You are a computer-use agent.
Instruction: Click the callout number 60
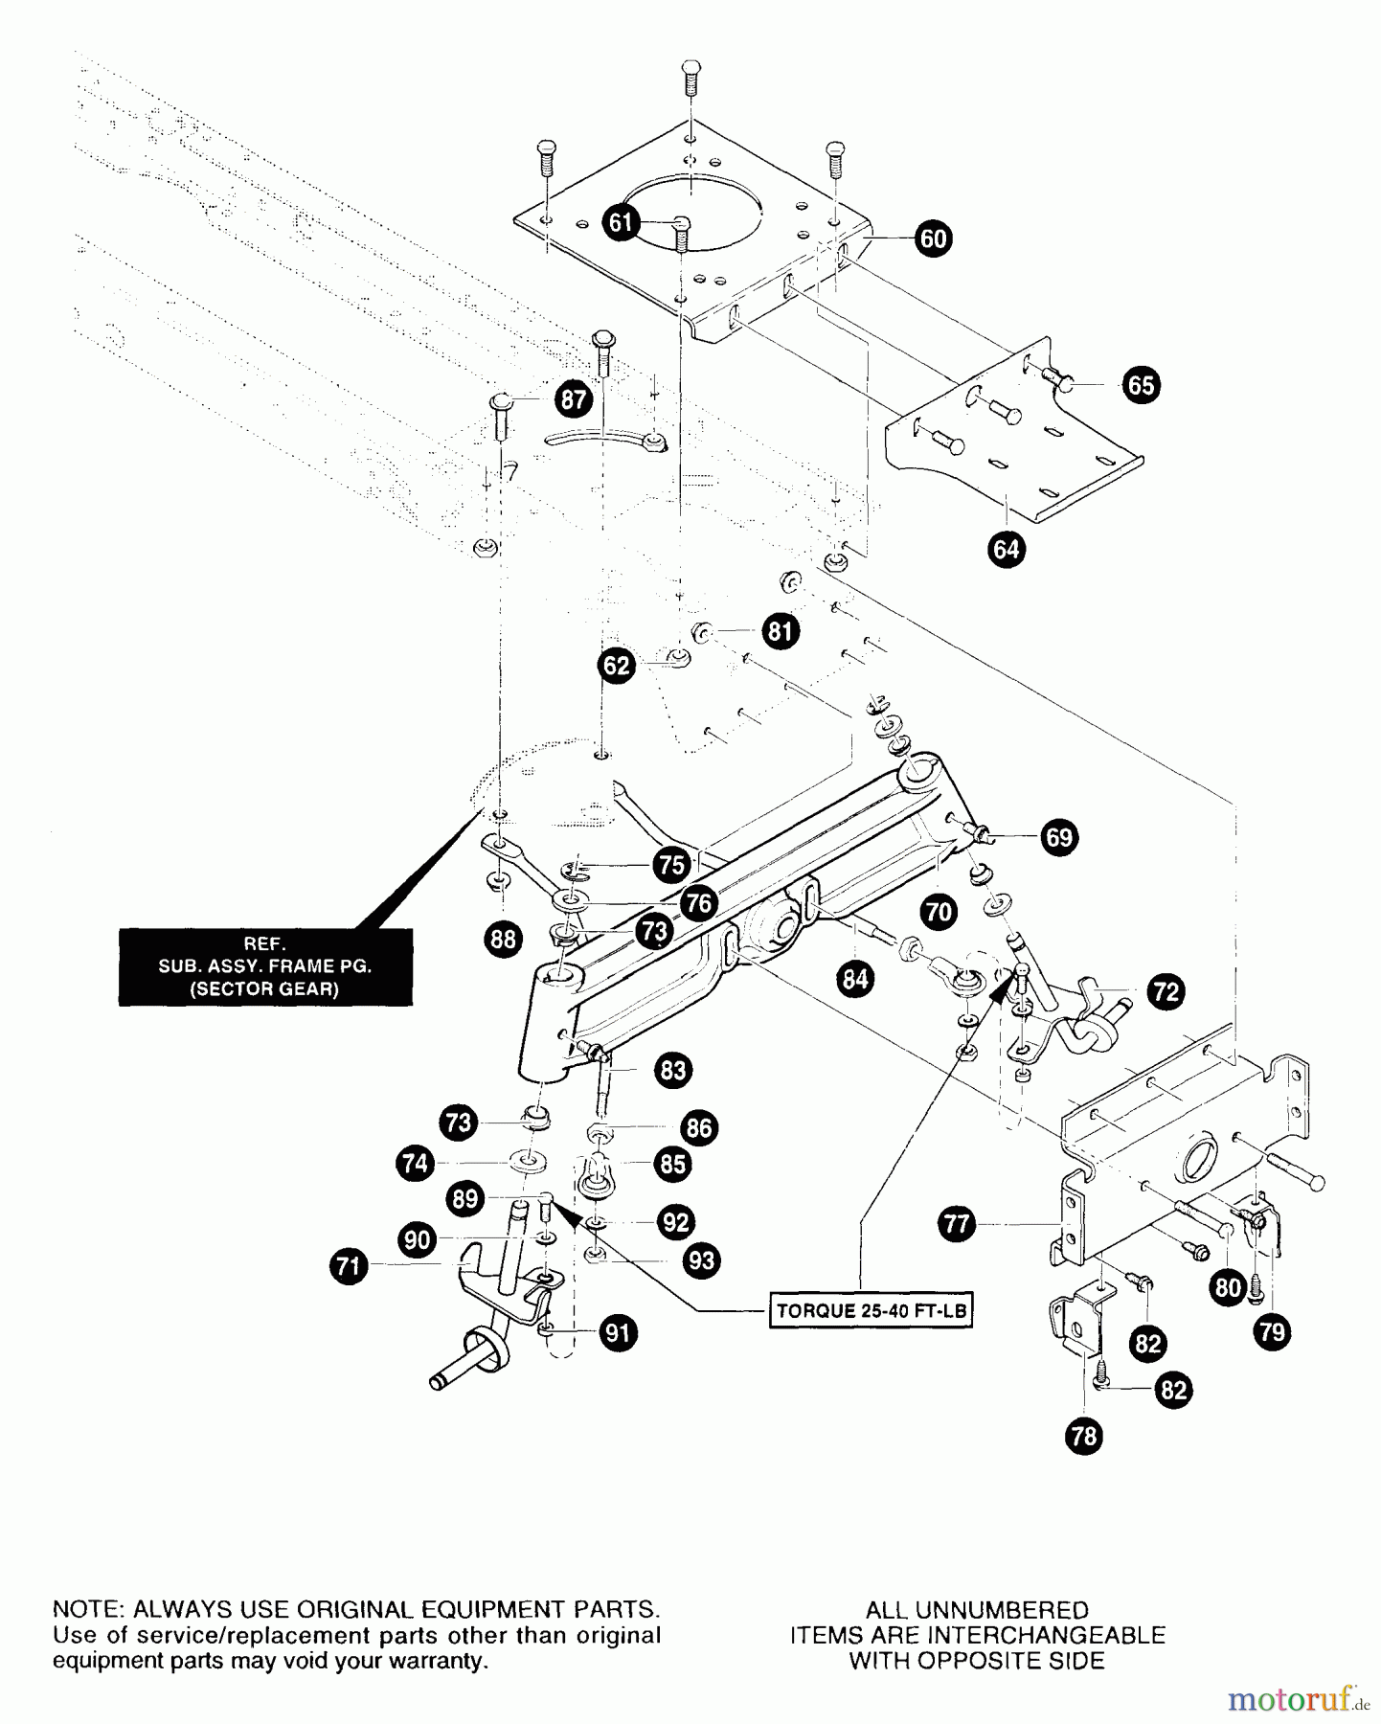(933, 238)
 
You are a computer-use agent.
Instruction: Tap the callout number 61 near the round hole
(622, 223)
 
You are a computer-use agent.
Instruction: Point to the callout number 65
(1141, 385)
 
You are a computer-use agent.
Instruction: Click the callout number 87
(573, 398)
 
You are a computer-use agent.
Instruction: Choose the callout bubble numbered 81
(781, 631)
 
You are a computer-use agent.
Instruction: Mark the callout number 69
(1058, 837)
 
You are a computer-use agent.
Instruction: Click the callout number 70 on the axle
(939, 911)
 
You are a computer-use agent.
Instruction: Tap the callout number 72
(1166, 991)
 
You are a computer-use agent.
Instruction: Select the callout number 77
(958, 1223)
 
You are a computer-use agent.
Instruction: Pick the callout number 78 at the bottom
(1084, 1437)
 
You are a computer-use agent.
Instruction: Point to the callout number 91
(619, 1332)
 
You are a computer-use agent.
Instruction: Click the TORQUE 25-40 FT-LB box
(871, 1311)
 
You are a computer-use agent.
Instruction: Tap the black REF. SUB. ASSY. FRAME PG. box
(265, 966)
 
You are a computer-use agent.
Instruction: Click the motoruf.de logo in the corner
(1299, 1699)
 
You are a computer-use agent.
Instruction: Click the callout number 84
(855, 978)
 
